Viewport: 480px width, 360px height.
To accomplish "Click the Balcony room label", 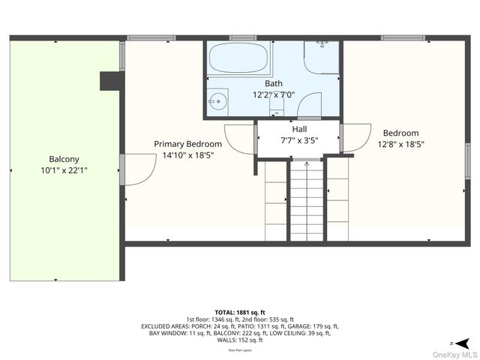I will pos(64,159).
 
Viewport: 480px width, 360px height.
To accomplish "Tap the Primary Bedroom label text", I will pos(187,144).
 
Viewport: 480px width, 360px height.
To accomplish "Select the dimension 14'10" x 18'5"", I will pos(188,155).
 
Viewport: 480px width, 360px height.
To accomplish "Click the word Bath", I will pos(274,83).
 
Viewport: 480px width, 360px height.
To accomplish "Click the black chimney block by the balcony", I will pos(111,80).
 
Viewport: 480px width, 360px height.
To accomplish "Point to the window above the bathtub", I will pos(242,37).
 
